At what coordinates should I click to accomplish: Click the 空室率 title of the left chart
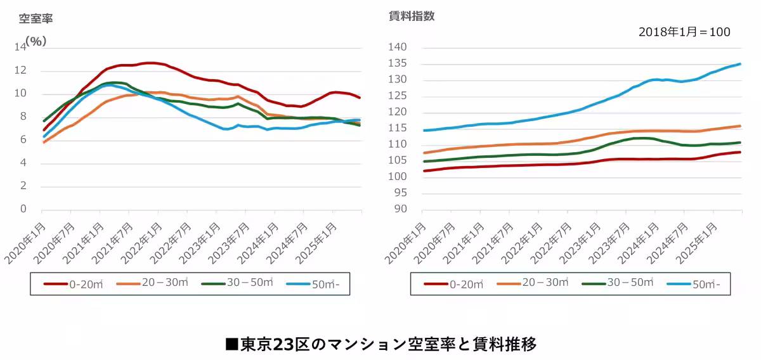[36, 18]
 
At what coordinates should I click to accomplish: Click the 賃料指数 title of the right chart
[412, 16]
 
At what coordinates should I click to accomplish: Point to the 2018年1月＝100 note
[684, 32]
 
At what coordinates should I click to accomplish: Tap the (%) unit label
[36, 41]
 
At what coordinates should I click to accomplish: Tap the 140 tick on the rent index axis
[405, 48]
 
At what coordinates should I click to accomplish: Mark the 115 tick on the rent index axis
[405, 129]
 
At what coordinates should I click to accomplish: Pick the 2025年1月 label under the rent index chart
[696, 243]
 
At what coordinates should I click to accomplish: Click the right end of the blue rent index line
[740, 64]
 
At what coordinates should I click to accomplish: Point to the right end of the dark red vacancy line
[360, 98]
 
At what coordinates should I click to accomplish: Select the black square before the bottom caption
[231, 344]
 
